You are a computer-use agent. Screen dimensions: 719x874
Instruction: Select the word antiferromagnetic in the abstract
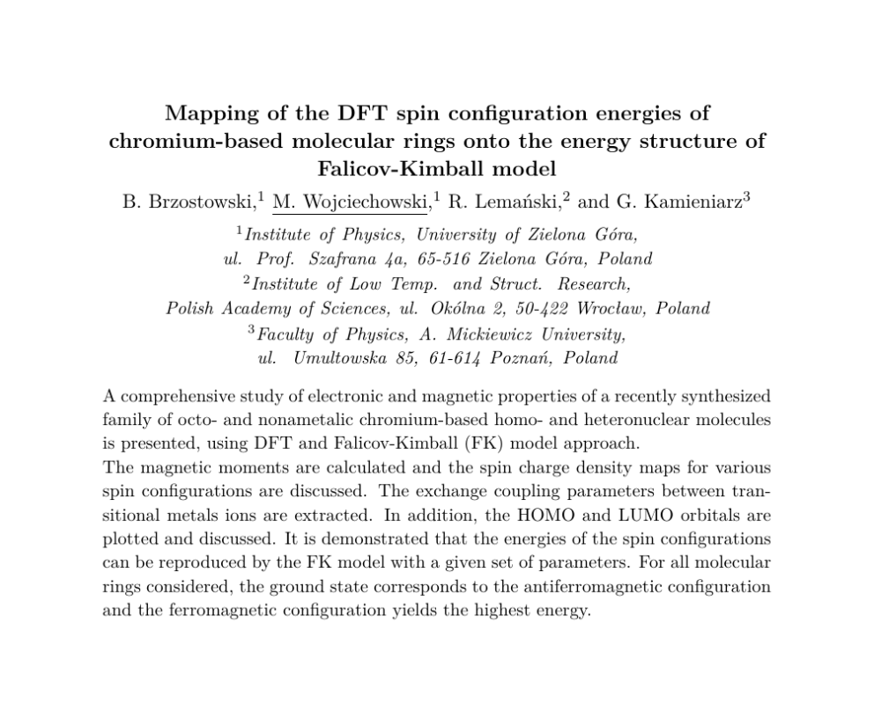pos(603,586)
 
